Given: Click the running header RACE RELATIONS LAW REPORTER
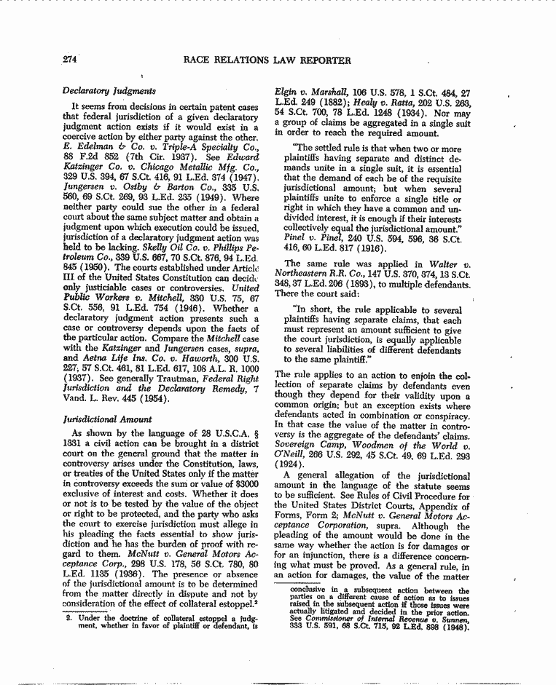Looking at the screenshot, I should point(267,60).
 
